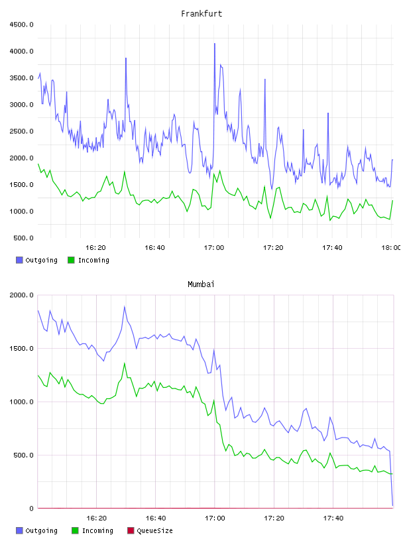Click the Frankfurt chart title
pyautogui.click(x=201, y=14)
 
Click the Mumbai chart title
pyautogui.click(x=201, y=284)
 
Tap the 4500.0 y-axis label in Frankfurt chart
pyautogui.click(x=21, y=25)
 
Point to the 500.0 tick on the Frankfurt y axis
pyautogui.click(x=23, y=238)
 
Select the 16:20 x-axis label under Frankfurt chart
pyautogui.click(x=95, y=248)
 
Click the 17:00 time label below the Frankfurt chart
pyautogui.click(x=214, y=248)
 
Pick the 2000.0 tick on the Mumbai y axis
pyautogui.click(x=21, y=295)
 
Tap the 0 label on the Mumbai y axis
pyautogui.click(x=31, y=509)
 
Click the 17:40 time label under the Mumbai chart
pyautogui.click(x=333, y=518)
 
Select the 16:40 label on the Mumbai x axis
pyautogui.click(x=156, y=518)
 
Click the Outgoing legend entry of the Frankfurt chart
pyautogui.click(x=37, y=260)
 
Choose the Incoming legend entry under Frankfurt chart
pyautogui.click(x=89, y=260)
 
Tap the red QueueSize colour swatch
pyautogui.click(x=131, y=530)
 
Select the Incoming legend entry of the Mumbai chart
pyautogui.click(x=93, y=530)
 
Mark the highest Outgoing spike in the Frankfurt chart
pyautogui.click(x=215, y=44)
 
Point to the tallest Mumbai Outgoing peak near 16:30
pyautogui.click(x=125, y=307)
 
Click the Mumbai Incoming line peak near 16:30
pyautogui.click(x=125, y=363)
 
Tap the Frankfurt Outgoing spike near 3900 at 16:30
pyautogui.click(x=126, y=58)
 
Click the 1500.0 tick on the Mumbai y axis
pyautogui.click(x=21, y=349)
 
